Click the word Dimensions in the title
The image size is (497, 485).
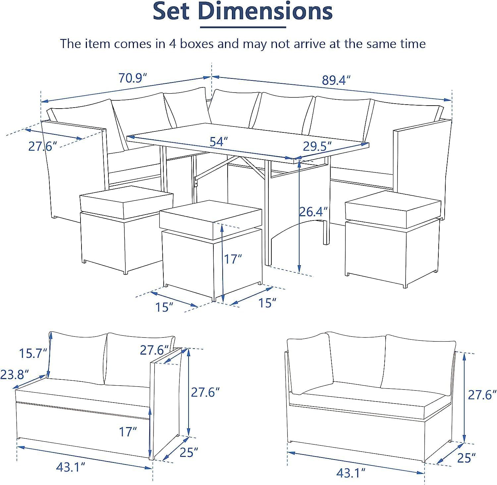pyautogui.click(x=265, y=11)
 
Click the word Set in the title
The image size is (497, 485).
pyautogui.click(x=171, y=11)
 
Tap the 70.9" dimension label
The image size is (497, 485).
pyautogui.click(x=133, y=78)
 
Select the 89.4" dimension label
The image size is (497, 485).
pyautogui.click(x=336, y=80)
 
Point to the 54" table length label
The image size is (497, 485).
pyautogui.click(x=219, y=142)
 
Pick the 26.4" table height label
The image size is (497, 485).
pyautogui.click(x=313, y=212)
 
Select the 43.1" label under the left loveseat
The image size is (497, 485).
pyautogui.click(x=71, y=467)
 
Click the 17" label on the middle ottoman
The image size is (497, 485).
pyautogui.click(x=233, y=259)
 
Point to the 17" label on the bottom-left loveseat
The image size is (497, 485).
pyautogui.click(x=128, y=432)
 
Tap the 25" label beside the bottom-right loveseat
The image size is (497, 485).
pyautogui.click(x=466, y=458)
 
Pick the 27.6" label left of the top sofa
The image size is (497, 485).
pyautogui.click(x=40, y=146)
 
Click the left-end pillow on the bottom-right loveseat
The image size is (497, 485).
pyautogui.click(x=310, y=364)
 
